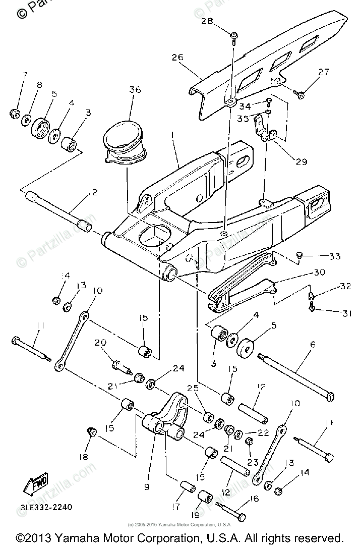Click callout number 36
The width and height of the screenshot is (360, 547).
tap(135, 90)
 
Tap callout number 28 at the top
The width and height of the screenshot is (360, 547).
tap(221, 21)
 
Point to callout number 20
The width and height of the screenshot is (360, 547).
tap(100, 343)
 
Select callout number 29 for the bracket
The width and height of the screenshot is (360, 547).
tap(301, 161)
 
